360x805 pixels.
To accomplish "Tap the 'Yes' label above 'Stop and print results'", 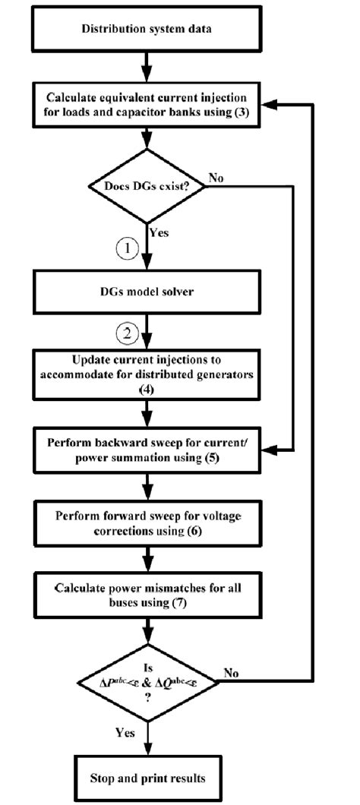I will [x=124, y=733].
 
